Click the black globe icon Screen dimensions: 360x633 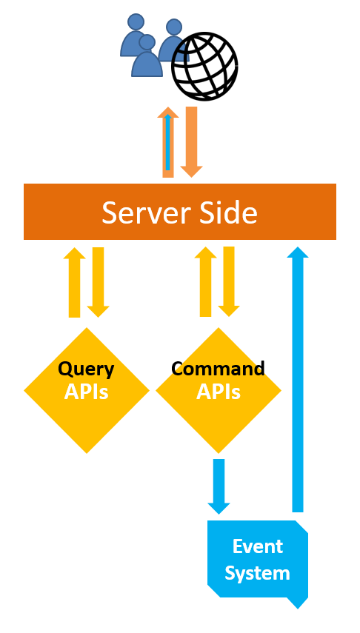click(x=204, y=67)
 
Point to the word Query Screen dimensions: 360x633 click(x=86, y=369)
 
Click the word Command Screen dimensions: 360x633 click(x=219, y=368)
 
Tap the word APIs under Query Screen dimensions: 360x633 click(x=87, y=392)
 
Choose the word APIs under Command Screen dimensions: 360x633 click(x=219, y=392)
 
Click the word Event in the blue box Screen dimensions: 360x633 click(x=258, y=546)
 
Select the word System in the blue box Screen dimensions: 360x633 click(x=257, y=573)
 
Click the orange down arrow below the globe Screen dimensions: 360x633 click(x=192, y=142)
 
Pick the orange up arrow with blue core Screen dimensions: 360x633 click(x=168, y=142)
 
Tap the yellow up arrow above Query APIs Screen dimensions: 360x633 click(x=75, y=282)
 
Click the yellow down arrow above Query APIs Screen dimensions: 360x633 click(x=99, y=282)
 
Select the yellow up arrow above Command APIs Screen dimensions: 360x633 click(x=206, y=282)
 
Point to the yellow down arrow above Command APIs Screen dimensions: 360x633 click(x=229, y=282)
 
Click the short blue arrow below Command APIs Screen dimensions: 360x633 click(x=219, y=486)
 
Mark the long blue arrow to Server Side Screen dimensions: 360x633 click(x=298, y=380)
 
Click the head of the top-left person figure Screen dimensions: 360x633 click(x=136, y=21)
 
